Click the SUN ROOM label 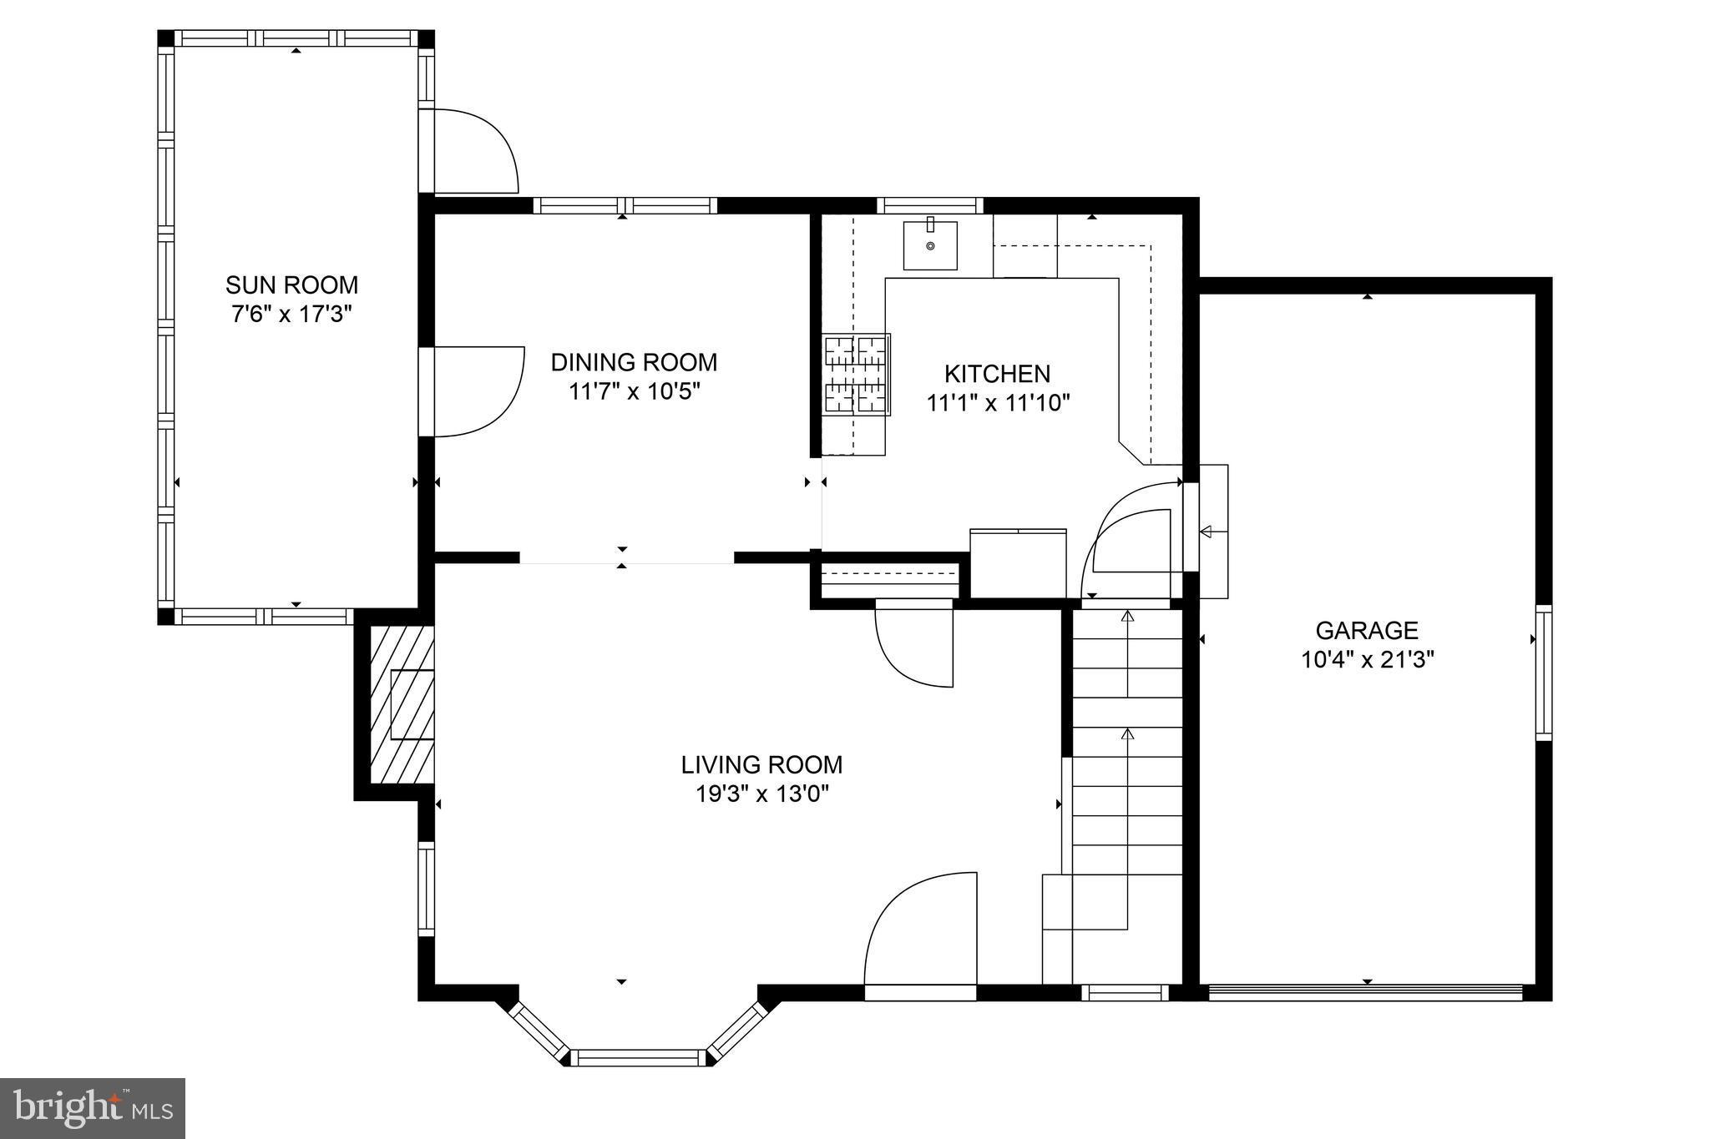click(291, 285)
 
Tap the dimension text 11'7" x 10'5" click(634, 391)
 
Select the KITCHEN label click(997, 373)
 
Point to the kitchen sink click(930, 245)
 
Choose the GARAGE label click(1367, 630)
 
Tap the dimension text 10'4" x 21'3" click(1367, 660)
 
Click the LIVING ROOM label click(761, 764)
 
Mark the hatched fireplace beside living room click(402, 704)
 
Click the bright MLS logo click(92, 1108)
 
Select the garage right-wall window click(1544, 673)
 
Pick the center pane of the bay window click(640, 1057)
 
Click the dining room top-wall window click(625, 205)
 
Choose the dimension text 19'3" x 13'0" click(761, 794)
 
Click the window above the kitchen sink click(930, 205)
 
